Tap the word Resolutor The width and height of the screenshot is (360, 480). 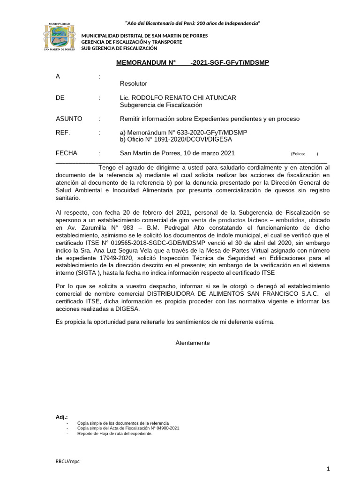[x=134, y=83]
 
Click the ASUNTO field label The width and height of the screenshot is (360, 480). [x=69, y=119]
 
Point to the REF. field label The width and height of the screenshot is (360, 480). [x=63, y=133]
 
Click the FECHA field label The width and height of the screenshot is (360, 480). [x=67, y=153]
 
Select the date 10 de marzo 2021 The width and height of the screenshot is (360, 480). [x=210, y=153]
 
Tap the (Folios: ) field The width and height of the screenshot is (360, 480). [x=304, y=154]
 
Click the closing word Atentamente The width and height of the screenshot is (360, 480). [x=193, y=343]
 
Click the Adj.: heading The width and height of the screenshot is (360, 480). [x=61, y=417]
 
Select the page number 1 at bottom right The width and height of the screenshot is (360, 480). [x=329, y=469]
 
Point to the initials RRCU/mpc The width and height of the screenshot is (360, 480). [x=67, y=461]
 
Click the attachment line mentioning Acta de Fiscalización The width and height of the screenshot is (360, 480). [x=128, y=428]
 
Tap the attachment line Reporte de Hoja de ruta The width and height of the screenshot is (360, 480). [x=115, y=434]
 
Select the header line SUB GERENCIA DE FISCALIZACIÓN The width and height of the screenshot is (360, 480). [x=120, y=48]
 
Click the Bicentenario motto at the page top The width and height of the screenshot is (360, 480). [x=193, y=23]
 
